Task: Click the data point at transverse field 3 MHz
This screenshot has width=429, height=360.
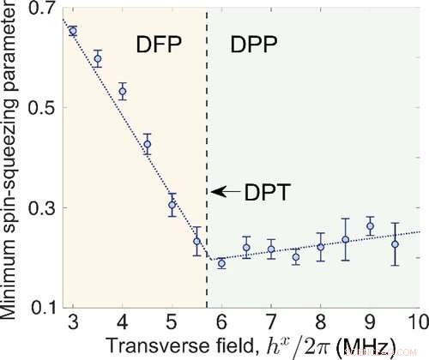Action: click(73, 31)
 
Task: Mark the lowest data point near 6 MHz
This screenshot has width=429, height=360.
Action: click(221, 263)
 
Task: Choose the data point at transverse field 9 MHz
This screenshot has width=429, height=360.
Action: click(370, 226)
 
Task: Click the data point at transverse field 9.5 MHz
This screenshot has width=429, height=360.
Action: click(395, 244)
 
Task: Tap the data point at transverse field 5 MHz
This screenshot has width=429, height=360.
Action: click(172, 205)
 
